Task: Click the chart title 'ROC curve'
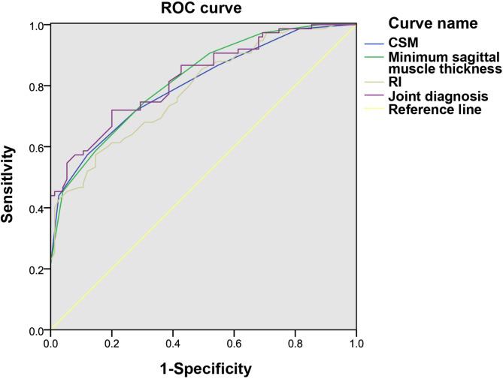click(x=203, y=8)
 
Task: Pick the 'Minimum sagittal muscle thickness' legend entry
click(x=444, y=62)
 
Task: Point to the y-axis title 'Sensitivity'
click(x=9, y=177)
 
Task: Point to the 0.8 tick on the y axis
click(x=35, y=86)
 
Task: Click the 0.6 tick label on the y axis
click(x=35, y=147)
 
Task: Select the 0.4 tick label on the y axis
click(x=35, y=209)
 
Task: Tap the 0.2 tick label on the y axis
click(x=35, y=269)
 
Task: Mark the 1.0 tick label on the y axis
click(x=35, y=25)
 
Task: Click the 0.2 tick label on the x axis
click(x=112, y=344)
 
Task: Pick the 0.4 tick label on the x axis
click(x=173, y=344)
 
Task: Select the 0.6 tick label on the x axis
click(x=235, y=344)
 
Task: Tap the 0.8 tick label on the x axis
click(x=295, y=344)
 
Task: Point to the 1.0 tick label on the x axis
click(x=356, y=344)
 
